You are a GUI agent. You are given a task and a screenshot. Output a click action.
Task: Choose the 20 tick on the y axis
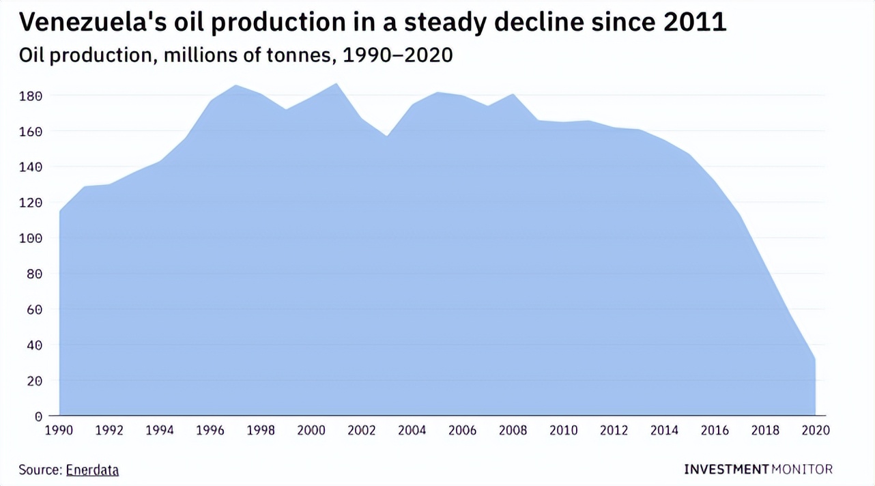click(34, 381)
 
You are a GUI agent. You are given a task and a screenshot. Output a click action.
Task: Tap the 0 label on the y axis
click(38, 416)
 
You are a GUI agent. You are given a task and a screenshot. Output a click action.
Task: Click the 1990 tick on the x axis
click(59, 431)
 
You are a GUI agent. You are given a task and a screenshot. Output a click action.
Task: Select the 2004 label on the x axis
click(412, 431)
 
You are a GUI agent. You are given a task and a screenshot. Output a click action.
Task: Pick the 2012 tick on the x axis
click(614, 431)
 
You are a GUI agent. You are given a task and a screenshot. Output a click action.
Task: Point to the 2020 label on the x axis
click(816, 431)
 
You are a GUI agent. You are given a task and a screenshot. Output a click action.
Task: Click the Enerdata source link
click(92, 470)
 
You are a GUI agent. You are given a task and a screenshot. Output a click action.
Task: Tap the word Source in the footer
click(40, 470)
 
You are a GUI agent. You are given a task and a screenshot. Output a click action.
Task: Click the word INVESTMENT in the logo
click(726, 469)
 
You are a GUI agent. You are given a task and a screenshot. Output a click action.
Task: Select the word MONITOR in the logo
click(803, 469)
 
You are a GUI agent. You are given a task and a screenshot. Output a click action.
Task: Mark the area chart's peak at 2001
click(336, 84)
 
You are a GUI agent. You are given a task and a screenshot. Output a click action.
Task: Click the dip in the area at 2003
click(387, 136)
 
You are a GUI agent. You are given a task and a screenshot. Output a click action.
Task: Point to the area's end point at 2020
click(815, 359)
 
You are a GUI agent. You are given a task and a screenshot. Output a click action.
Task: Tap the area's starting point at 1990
click(60, 212)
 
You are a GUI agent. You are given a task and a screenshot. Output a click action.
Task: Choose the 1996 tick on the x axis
click(210, 431)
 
